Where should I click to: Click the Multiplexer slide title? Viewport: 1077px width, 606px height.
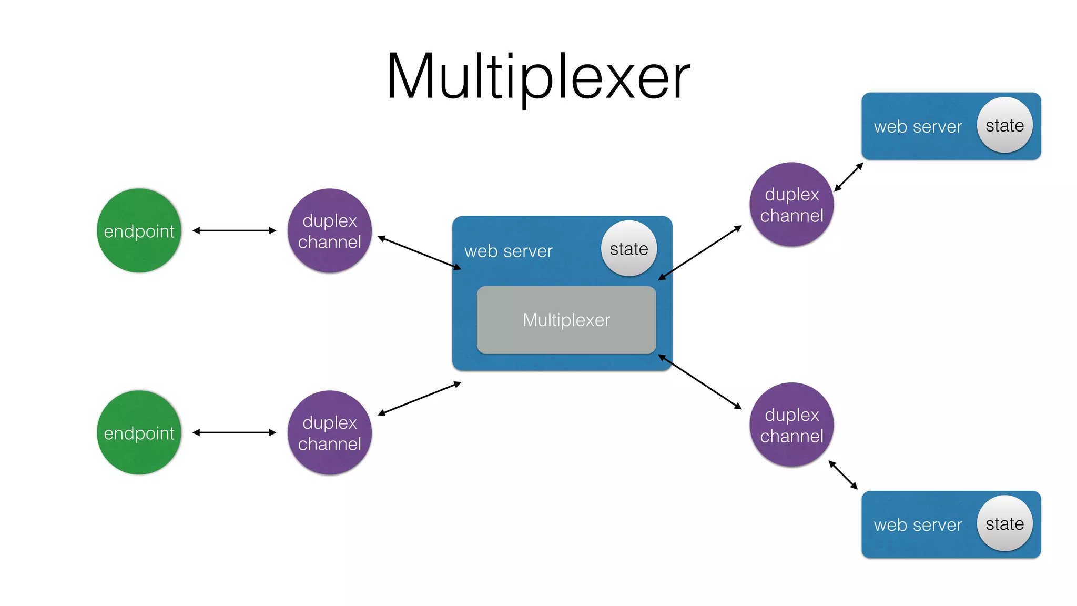(537, 77)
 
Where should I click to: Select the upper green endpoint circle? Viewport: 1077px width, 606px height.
(139, 230)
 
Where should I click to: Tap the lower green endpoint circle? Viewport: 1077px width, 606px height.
(139, 432)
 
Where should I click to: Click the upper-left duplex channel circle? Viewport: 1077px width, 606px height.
(330, 230)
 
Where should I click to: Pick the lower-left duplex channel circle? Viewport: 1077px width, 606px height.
(330, 432)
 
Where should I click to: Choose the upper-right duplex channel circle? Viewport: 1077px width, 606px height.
(791, 204)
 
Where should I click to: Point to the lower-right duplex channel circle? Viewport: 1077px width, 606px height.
(791, 425)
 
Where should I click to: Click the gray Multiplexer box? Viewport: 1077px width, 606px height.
(566, 320)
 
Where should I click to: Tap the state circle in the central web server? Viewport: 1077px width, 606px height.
(629, 248)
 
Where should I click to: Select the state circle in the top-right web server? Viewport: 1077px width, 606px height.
(1004, 125)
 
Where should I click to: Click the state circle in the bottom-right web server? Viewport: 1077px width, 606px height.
(1004, 523)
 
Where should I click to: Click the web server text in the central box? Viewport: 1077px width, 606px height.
(508, 251)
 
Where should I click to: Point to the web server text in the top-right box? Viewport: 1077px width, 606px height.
(918, 127)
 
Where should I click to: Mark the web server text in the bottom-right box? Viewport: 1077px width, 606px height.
(918, 525)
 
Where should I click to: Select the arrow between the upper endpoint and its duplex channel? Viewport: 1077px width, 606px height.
(234, 230)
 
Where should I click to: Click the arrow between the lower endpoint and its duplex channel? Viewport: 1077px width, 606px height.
(234, 432)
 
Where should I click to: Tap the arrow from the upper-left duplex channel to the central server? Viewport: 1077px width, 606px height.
(419, 252)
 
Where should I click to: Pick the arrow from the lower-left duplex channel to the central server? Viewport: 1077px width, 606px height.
(419, 399)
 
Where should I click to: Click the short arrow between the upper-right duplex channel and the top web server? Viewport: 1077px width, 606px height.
(849, 177)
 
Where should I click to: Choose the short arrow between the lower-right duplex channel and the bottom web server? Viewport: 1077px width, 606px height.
(843, 474)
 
